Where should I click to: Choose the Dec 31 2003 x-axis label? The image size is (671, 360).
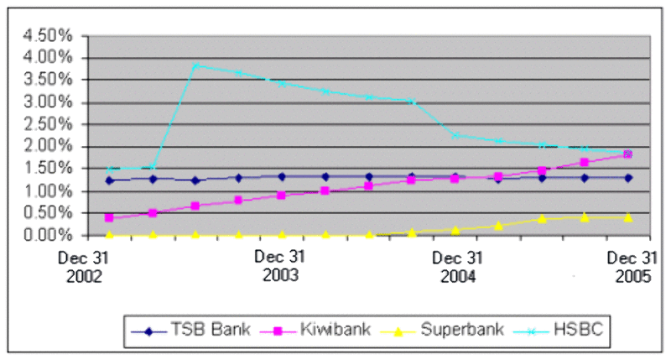coord(281,266)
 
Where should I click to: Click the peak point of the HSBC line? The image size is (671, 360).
coord(195,65)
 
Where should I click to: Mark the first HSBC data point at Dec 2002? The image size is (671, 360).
coord(109,170)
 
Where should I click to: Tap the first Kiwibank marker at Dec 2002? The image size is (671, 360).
coord(109,217)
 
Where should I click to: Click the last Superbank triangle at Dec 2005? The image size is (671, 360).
coord(628,217)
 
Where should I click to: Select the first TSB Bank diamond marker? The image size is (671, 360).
coord(109,180)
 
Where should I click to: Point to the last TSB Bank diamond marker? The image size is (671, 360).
coord(628,178)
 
